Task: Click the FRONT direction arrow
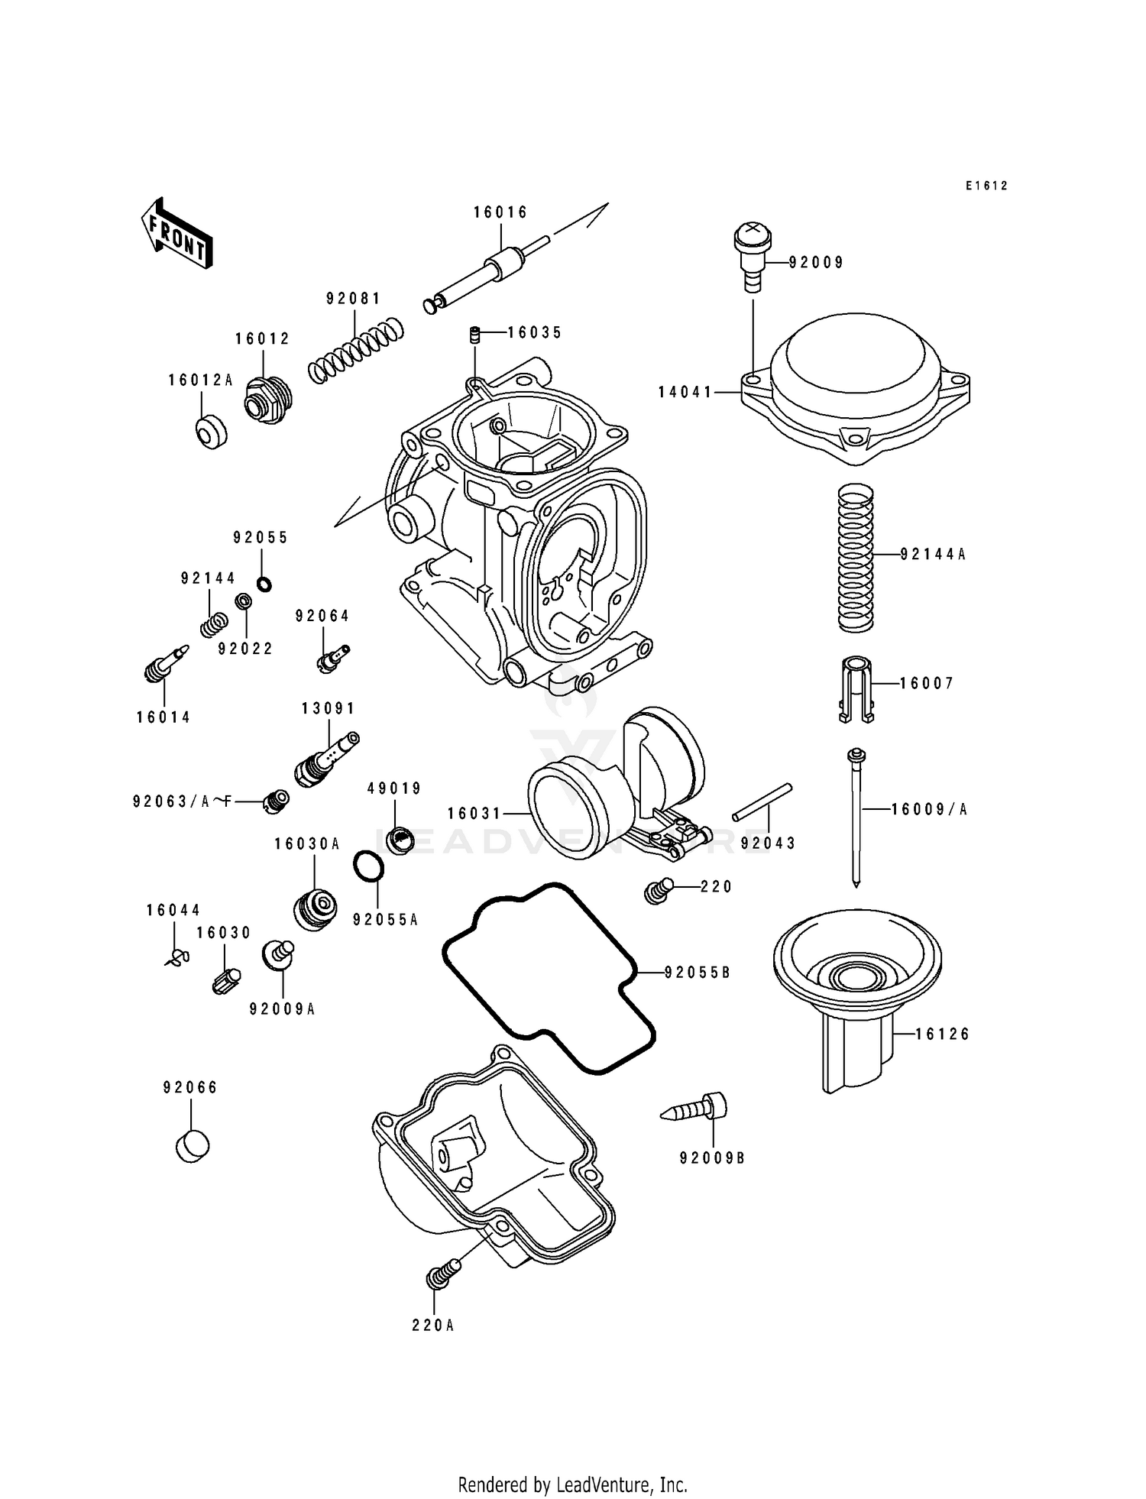(x=176, y=233)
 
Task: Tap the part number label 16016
(x=500, y=212)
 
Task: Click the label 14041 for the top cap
(x=685, y=393)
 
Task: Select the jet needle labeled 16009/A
(x=856, y=817)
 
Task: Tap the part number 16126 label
(x=942, y=1034)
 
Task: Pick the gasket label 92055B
(x=698, y=973)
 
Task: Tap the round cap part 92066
(x=192, y=1146)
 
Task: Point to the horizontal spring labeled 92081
(x=356, y=350)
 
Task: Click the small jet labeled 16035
(x=474, y=335)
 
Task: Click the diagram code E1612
(x=986, y=186)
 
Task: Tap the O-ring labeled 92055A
(x=368, y=866)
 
